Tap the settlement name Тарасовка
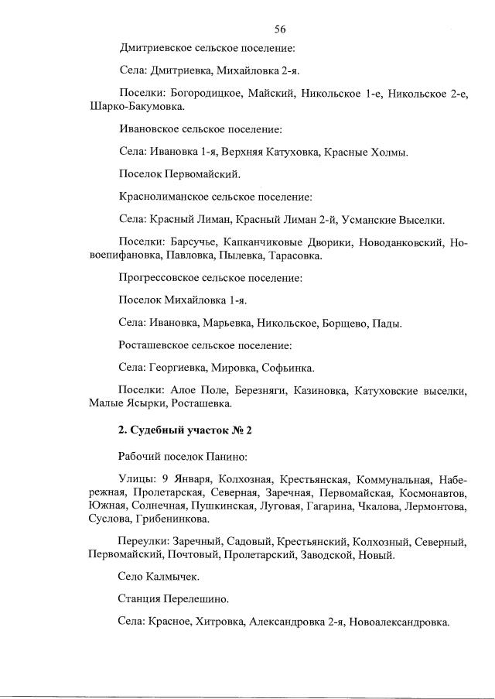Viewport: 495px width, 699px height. click(288, 255)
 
